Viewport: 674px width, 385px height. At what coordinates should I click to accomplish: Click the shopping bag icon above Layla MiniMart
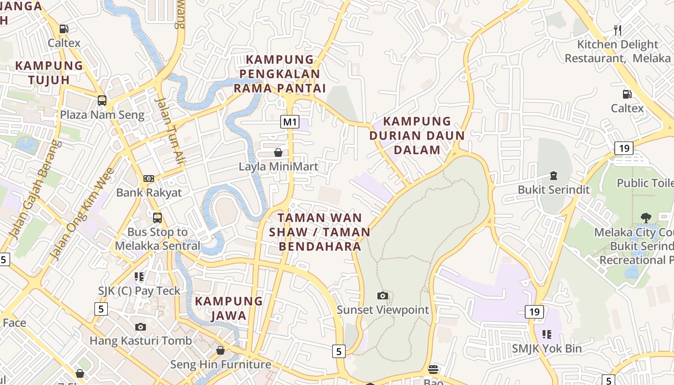(x=278, y=153)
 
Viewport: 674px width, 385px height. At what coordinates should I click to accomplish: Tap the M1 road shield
(x=290, y=122)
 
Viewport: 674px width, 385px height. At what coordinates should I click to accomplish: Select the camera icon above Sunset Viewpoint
(x=383, y=295)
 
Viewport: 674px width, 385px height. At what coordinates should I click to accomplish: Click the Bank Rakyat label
(x=149, y=192)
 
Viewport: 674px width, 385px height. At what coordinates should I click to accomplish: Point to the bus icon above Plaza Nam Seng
(x=102, y=101)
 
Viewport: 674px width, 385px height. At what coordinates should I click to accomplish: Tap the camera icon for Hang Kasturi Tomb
(x=141, y=327)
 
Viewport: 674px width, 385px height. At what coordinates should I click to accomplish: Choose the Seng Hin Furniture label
(x=221, y=364)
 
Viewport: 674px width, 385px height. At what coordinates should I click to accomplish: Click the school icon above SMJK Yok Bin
(x=546, y=334)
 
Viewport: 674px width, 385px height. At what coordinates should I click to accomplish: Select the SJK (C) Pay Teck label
(x=139, y=291)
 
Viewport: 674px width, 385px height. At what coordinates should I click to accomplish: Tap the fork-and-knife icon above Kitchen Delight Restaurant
(x=618, y=30)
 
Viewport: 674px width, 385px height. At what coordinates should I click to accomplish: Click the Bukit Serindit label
(x=554, y=190)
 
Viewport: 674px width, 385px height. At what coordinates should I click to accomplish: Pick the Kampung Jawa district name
(x=229, y=308)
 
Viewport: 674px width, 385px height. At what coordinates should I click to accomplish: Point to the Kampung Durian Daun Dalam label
(x=417, y=135)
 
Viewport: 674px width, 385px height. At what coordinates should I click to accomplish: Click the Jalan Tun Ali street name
(x=169, y=130)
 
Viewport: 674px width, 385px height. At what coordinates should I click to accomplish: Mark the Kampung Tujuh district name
(x=49, y=73)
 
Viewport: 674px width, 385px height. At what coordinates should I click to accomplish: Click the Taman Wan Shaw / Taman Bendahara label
(x=320, y=232)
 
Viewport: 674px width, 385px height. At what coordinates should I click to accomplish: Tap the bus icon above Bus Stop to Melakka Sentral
(x=157, y=218)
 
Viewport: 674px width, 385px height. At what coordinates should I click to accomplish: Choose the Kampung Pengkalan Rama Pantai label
(x=280, y=74)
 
